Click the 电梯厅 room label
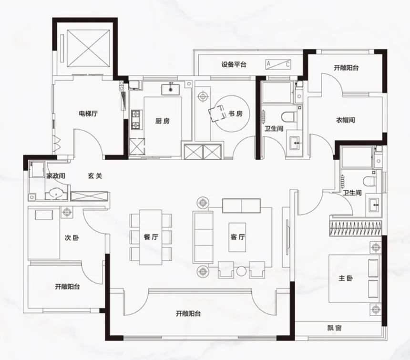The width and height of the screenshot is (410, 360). pyautogui.click(x=88, y=114)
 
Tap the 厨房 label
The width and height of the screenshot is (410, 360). pyautogui.click(x=163, y=121)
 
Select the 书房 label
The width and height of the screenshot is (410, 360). pyautogui.click(x=236, y=113)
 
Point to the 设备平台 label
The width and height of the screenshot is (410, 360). pyautogui.click(x=234, y=64)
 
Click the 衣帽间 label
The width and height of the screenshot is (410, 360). pyautogui.click(x=346, y=120)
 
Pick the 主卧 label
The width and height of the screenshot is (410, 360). pyautogui.click(x=346, y=278)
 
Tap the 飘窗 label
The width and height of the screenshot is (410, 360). pyautogui.click(x=334, y=328)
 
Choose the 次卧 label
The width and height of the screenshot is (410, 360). pyautogui.click(x=72, y=237)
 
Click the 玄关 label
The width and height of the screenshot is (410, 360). pyautogui.click(x=95, y=176)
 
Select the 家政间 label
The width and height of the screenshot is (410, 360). pyautogui.click(x=56, y=176)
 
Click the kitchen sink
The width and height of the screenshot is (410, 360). pyautogui.click(x=171, y=90)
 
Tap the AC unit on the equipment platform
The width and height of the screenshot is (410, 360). pyautogui.click(x=278, y=64)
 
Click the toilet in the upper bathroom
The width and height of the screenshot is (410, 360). pyautogui.click(x=289, y=117)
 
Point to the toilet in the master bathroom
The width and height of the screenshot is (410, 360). pyautogui.click(x=369, y=181)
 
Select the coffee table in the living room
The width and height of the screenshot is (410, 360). pyautogui.click(x=237, y=237)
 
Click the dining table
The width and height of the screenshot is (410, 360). pyautogui.click(x=151, y=237)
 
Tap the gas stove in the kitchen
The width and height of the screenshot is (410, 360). pyautogui.click(x=136, y=120)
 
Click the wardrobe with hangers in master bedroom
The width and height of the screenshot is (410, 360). pyautogui.click(x=355, y=228)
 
